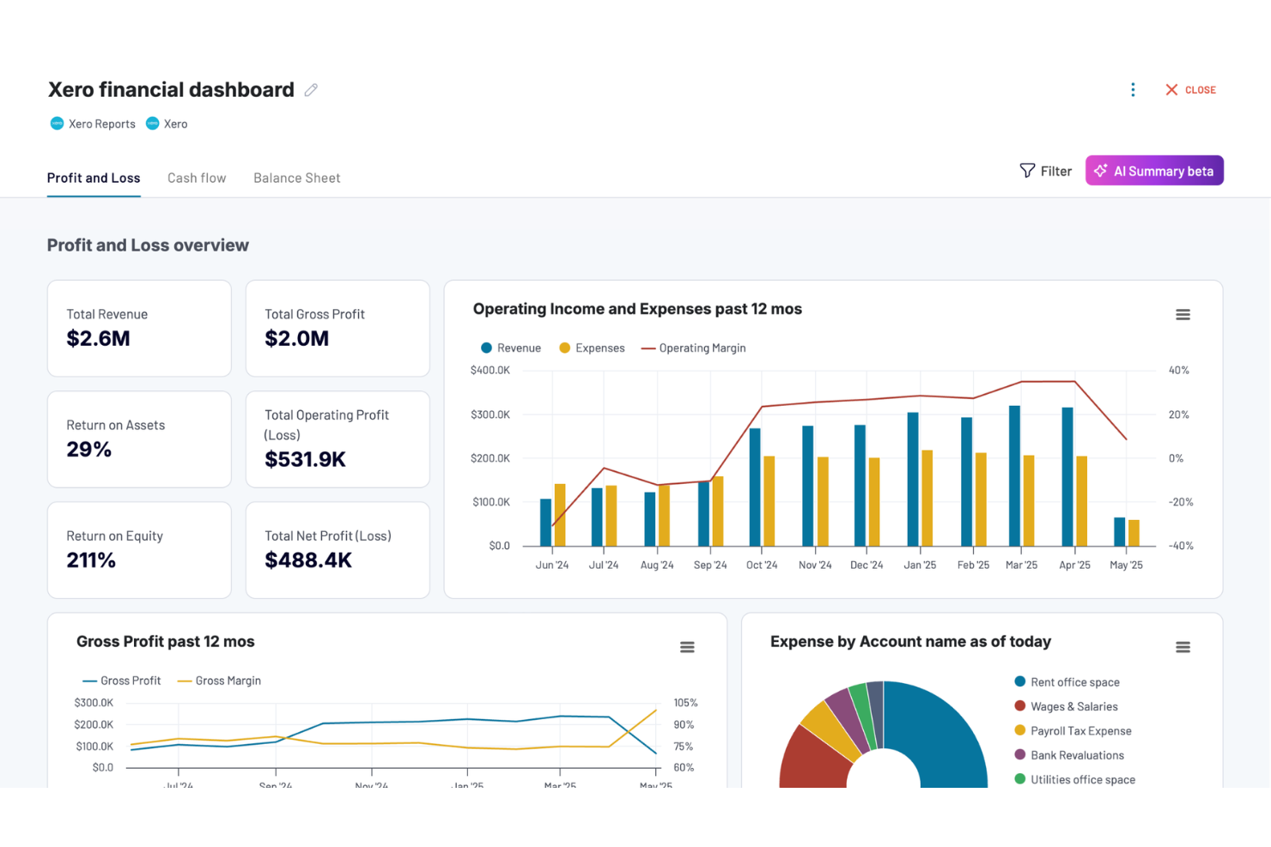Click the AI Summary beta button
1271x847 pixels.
[1153, 171]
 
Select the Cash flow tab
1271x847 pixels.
[197, 178]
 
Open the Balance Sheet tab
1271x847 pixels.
[296, 178]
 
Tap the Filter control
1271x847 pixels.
[1045, 171]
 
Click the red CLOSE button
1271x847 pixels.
[1190, 90]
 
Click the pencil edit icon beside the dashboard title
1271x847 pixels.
[311, 90]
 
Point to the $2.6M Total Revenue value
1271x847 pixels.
[98, 339]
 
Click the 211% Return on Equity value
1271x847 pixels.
[91, 560]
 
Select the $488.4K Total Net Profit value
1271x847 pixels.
[308, 560]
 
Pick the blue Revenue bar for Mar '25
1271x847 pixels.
[1014, 476]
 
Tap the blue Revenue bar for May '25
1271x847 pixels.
[1119, 532]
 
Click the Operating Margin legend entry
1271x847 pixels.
[694, 348]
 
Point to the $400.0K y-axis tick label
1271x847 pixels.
[490, 371]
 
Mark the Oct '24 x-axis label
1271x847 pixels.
[761, 566]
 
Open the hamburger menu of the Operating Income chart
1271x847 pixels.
[1183, 315]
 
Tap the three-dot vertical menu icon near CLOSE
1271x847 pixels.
[1133, 90]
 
